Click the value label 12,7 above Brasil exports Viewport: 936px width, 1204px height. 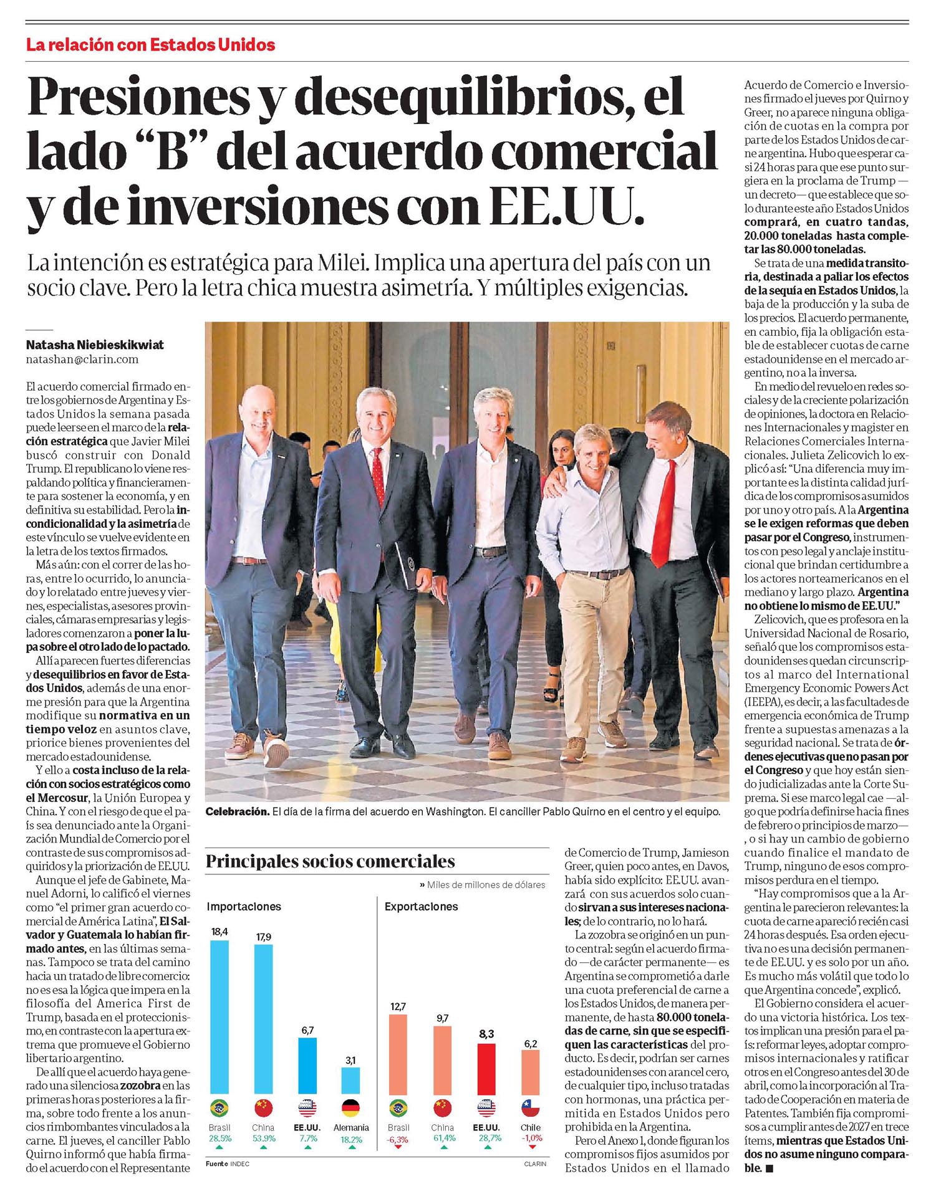tap(398, 1006)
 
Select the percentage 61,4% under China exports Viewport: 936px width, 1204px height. tap(443, 1138)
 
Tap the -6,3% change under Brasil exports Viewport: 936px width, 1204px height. tap(398, 1138)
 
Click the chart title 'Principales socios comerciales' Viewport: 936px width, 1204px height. tap(330, 862)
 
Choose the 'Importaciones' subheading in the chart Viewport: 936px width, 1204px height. tap(244, 907)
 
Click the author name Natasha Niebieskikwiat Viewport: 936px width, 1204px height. tap(95, 345)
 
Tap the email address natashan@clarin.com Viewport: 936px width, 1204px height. tap(82, 360)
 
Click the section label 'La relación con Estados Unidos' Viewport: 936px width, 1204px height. tap(150, 45)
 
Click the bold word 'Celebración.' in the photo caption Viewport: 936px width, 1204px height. tap(237, 812)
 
